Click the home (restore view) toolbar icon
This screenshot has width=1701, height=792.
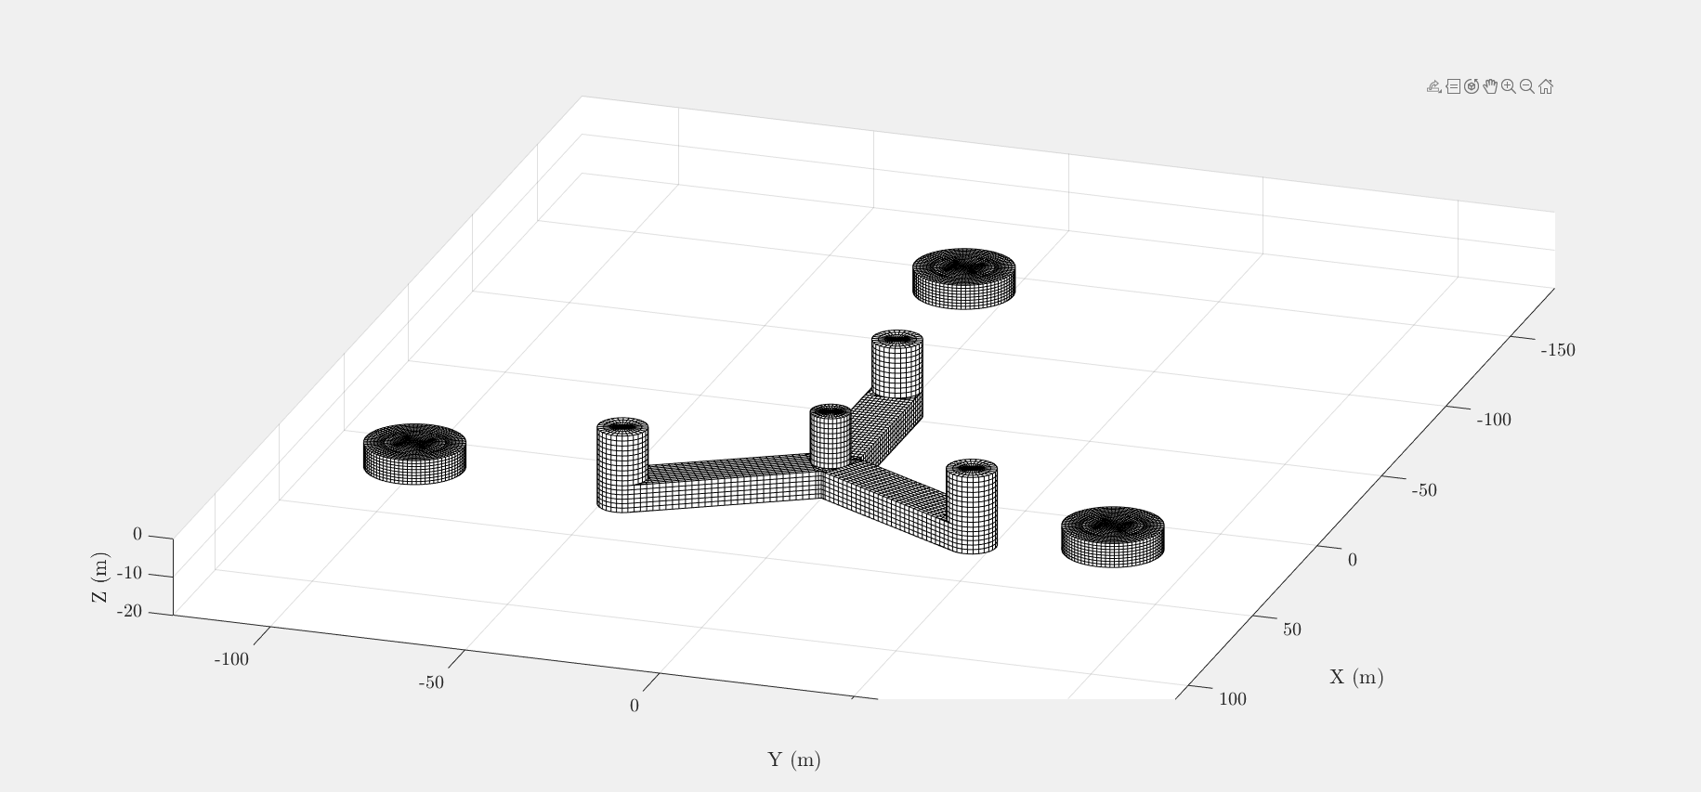pos(1546,86)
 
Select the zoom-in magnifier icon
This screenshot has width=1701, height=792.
pos(1509,86)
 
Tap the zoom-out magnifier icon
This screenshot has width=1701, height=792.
pos(1527,86)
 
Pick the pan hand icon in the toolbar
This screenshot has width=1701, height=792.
pos(1490,86)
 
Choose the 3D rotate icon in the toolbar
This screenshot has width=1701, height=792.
pos(1472,86)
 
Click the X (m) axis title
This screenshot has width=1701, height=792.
pos(1356,677)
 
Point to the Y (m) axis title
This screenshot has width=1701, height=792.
pos(794,760)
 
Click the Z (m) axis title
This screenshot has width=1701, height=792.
pos(100,577)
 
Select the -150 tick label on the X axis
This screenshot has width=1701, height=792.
pos(1558,350)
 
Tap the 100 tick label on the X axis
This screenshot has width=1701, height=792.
pos(1233,699)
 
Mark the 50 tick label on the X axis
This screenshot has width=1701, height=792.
pos(1291,630)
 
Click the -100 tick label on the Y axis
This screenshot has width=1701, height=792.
pos(231,659)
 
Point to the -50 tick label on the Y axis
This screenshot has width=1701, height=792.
pos(431,682)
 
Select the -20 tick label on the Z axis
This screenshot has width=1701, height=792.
pos(130,611)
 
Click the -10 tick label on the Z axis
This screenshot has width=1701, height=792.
pos(130,573)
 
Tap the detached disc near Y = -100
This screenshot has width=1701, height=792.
pos(414,453)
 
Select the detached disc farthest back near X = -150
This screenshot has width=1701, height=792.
pos(963,278)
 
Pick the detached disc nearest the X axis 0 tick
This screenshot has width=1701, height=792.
pos(1112,536)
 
